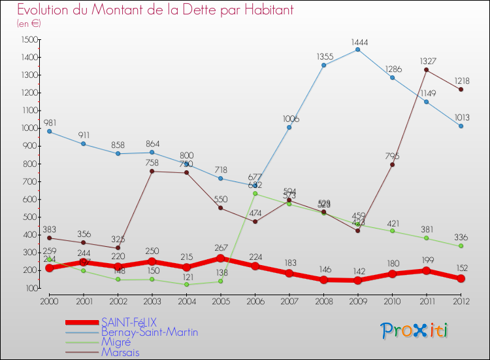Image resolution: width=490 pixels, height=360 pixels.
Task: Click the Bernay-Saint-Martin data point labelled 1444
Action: tap(358, 50)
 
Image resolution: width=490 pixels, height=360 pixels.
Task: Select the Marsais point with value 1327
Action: tap(427, 69)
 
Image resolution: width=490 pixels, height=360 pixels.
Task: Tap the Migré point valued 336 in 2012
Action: tap(461, 246)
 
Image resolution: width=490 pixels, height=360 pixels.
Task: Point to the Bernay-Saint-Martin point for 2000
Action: tap(49, 132)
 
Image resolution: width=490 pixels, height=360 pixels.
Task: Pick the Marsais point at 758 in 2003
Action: tap(152, 171)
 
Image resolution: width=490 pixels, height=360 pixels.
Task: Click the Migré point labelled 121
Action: tap(186, 284)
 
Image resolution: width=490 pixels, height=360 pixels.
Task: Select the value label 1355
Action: tap(324, 56)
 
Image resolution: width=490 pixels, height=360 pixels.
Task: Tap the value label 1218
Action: tap(461, 81)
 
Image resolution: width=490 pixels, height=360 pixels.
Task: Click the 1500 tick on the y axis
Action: tap(29, 40)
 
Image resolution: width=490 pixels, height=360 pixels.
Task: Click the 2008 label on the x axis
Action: tap(323, 301)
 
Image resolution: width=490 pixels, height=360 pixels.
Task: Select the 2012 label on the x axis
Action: tap(461, 301)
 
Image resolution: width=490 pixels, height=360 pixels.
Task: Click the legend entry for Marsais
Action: tap(120, 352)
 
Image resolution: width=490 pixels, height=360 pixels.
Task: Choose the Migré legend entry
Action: tap(116, 342)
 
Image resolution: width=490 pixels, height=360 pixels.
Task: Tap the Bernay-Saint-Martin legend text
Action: tap(150, 332)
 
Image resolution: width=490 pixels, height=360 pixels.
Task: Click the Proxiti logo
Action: tap(416, 331)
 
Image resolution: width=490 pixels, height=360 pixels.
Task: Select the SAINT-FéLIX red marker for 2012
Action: tap(461, 278)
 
